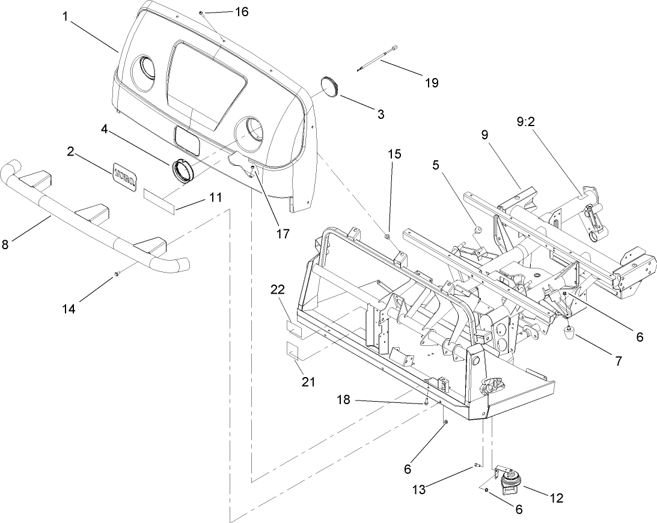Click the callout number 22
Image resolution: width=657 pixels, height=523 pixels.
point(278,290)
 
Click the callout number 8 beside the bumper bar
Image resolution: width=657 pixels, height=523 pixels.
point(5,244)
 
